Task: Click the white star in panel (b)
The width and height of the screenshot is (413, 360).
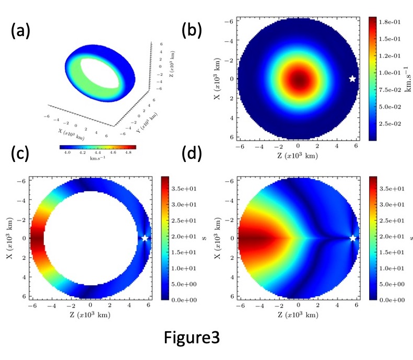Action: (x=352, y=79)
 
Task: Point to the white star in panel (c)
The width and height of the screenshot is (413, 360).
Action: (x=145, y=238)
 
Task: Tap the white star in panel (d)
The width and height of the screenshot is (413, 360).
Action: (x=353, y=238)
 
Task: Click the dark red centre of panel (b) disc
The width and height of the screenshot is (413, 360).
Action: (x=299, y=79)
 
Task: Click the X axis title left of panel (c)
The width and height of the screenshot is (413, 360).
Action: (x=9, y=238)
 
